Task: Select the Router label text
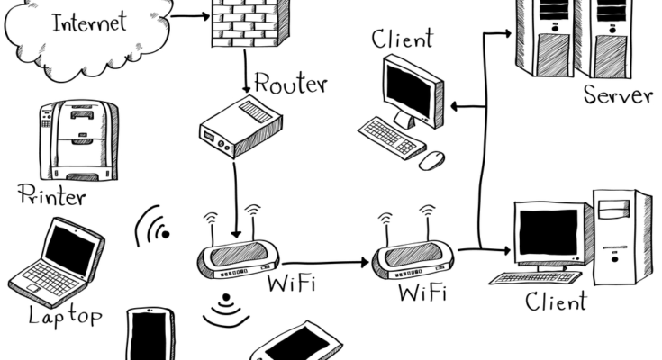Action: [x=290, y=84]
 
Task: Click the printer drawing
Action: [x=77, y=139]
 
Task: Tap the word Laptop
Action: [x=65, y=315]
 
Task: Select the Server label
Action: [x=617, y=95]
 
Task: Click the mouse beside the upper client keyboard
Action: [x=431, y=160]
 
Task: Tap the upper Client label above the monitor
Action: [x=402, y=39]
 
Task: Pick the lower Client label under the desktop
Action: [x=556, y=301]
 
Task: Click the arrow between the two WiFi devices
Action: [x=320, y=263]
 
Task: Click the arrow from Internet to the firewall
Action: [x=189, y=15]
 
